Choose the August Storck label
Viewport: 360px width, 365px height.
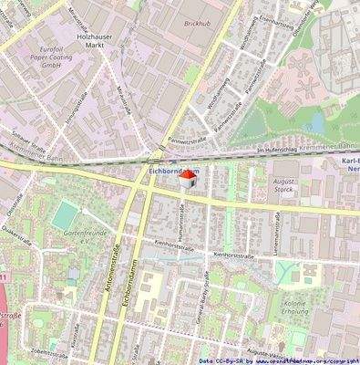point(259,188)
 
